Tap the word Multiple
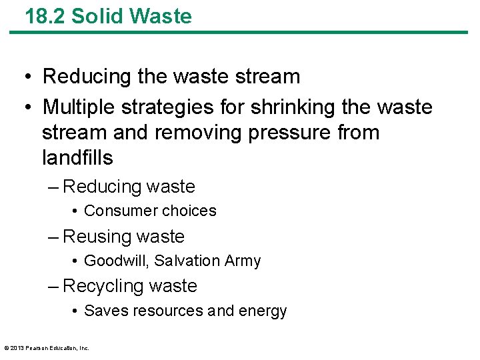81,107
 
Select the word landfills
77,158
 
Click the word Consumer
116,211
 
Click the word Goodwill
111,261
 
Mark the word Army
243,261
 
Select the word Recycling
103,287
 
